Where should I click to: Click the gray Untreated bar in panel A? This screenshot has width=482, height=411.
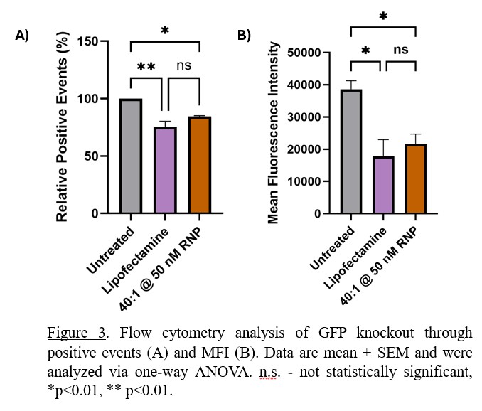131,156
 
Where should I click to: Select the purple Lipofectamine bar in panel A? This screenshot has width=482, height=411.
166,170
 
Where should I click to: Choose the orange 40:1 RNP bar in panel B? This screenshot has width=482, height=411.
415,178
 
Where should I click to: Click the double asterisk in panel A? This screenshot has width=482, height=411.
146,67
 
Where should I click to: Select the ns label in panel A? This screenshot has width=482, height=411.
184,66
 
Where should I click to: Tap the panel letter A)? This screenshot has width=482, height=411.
22,36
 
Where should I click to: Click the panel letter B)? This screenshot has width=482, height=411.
244,36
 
